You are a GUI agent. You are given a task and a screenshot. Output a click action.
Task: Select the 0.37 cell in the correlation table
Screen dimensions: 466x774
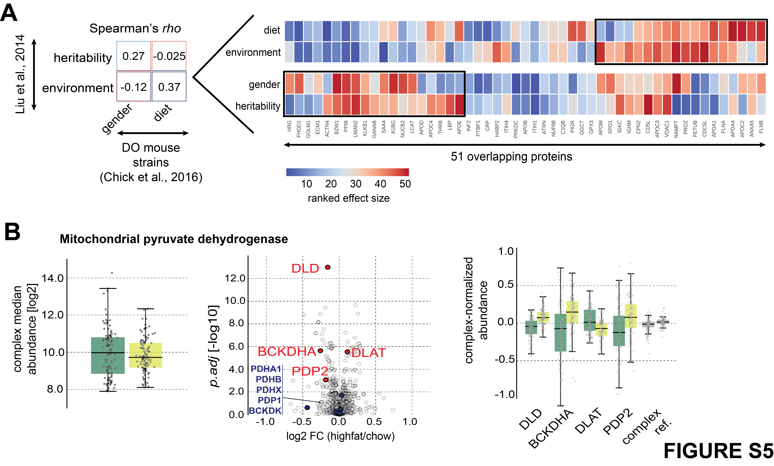pyautogui.click(x=169, y=87)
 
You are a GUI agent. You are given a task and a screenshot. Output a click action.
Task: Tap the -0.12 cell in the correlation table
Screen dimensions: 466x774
pyautogui.click(x=133, y=87)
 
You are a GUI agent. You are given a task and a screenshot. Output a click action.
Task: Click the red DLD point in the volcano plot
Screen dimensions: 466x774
pyautogui.click(x=328, y=267)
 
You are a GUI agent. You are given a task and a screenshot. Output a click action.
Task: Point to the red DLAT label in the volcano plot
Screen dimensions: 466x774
pyautogui.click(x=368, y=353)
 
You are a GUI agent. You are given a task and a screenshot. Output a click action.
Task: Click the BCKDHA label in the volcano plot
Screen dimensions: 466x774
pyautogui.click(x=286, y=352)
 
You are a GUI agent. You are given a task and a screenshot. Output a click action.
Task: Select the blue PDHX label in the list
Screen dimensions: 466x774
pyautogui.click(x=269, y=390)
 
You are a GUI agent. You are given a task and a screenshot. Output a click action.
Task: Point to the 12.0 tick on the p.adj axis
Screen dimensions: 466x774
pyautogui.click(x=235, y=278)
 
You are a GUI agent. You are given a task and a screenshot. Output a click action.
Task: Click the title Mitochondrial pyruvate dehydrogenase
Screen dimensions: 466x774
pyautogui.click(x=174, y=239)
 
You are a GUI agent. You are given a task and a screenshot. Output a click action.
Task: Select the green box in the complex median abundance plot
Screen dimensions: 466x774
pyautogui.click(x=108, y=356)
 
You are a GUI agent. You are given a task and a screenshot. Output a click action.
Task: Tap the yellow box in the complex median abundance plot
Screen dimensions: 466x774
pyautogui.click(x=145, y=355)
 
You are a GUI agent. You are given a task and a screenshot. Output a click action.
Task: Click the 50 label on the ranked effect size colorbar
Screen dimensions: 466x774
pyautogui.click(x=405, y=184)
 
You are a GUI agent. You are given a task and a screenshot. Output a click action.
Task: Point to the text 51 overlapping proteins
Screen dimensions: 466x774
pyautogui.click(x=511, y=157)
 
